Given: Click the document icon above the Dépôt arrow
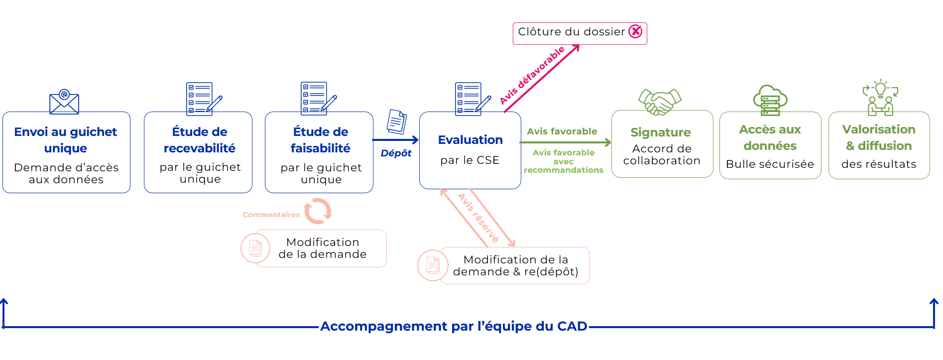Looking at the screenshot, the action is coord(397,121).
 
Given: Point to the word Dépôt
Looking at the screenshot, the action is coord(396,153).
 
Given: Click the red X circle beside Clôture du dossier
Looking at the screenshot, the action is coord(635,31).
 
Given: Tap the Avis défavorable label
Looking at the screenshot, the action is coord(532,75).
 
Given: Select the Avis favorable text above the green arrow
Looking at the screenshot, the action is coord(562,131).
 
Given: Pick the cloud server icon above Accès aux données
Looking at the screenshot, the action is coord(770,100).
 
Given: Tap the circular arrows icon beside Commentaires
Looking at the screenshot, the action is coord(318,211).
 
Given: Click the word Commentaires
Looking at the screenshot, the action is coord(271,215).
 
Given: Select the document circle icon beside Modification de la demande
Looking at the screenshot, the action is coord(255,248).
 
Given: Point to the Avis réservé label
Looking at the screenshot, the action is coord(478,218).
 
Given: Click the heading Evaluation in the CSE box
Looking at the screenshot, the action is coord(471,140).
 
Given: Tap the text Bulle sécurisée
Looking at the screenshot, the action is coord(770,164).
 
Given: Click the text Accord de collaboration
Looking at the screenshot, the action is coord(662,154).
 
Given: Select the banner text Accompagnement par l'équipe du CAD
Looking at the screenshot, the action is coord(454,326).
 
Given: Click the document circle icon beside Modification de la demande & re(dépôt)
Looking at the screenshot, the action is coord(433,265).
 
